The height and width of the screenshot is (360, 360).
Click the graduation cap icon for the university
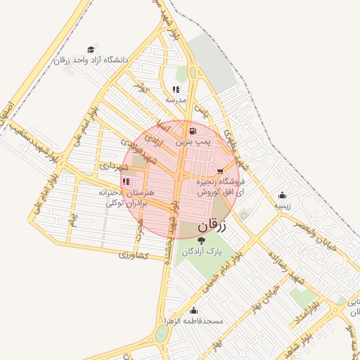(91, 49)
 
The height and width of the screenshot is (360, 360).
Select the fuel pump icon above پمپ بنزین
(193, 131)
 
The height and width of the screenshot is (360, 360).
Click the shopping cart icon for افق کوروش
(221, 171)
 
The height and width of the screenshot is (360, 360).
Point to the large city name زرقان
(214, 226)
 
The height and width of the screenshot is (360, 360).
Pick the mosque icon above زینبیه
(283, 195)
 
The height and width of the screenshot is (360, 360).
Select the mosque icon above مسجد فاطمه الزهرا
(193, 311)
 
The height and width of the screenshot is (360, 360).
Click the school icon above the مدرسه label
(176, 89)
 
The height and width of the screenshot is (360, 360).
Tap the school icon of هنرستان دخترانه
(126, 181)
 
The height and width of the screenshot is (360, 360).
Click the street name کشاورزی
(132, 255)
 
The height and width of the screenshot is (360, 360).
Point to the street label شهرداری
(114, 167)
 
